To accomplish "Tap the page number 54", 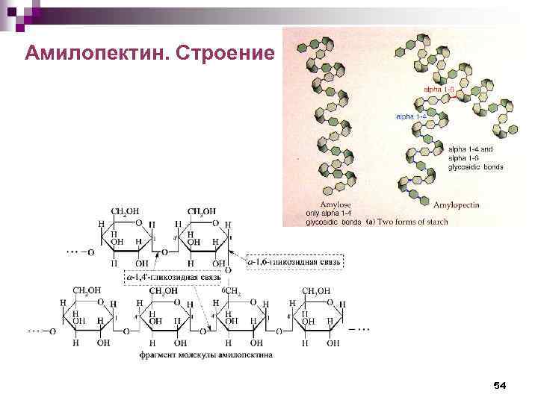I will pos(500,385).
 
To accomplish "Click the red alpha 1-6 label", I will pos(439,89).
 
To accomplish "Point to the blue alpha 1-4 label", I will pos(411,117).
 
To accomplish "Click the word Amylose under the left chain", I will pos(336,204).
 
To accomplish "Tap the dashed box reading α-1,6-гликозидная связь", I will pos(294,262).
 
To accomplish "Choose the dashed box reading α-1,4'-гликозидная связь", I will pos(173,277).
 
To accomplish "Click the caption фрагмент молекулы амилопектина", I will pos(206,354).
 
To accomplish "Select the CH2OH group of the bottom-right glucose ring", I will pos(315,290).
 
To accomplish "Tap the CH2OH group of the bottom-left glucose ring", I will pos(87,290).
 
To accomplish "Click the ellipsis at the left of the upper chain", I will pos(72,252).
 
